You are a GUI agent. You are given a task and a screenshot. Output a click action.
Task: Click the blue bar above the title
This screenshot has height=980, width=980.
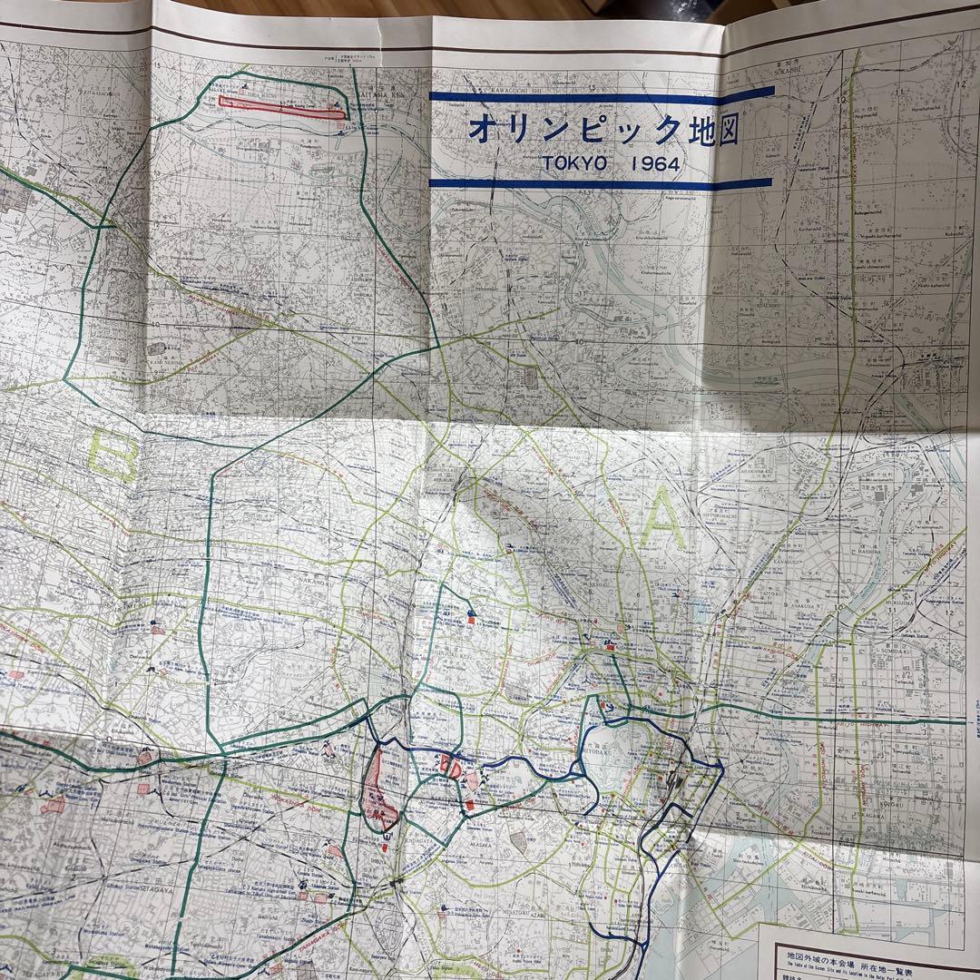601,93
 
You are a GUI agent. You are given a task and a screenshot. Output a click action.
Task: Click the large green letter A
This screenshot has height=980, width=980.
665,521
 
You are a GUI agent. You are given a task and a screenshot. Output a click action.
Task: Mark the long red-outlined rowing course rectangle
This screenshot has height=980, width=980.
292,104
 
